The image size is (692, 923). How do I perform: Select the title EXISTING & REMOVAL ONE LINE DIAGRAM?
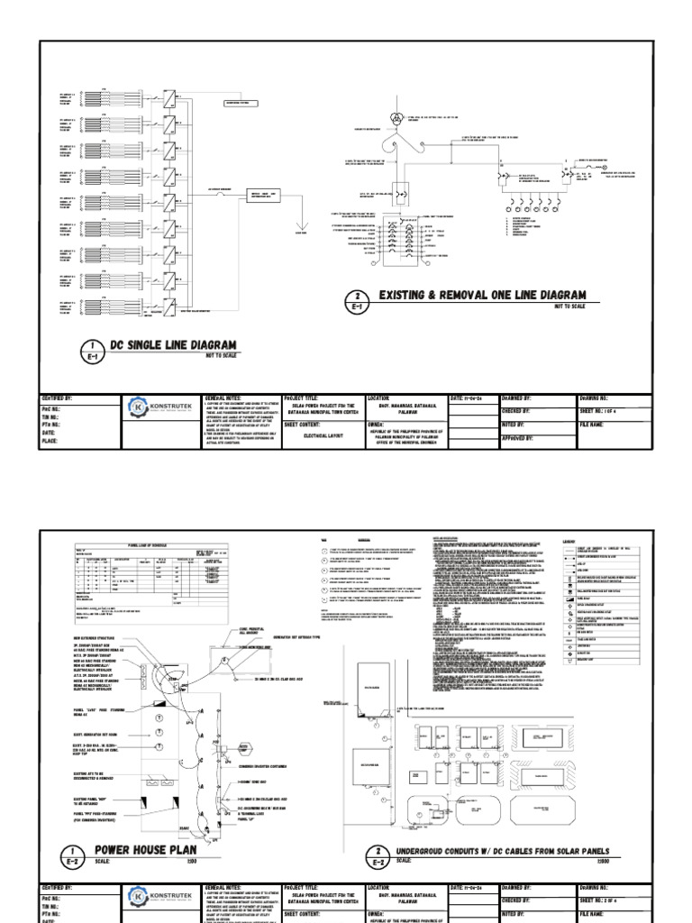[x=482, y=296]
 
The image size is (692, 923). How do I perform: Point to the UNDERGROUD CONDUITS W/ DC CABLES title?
[x=490, y=850]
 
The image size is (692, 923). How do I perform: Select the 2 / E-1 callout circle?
[x=358, y=300]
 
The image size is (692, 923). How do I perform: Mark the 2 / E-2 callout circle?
[x=358, y=855]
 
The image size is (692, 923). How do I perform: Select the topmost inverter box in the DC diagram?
[x=170, y=95]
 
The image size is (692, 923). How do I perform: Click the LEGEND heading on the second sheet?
[x=569, y=541]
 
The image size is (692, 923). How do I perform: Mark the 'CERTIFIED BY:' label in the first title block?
[x=57, y=398]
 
